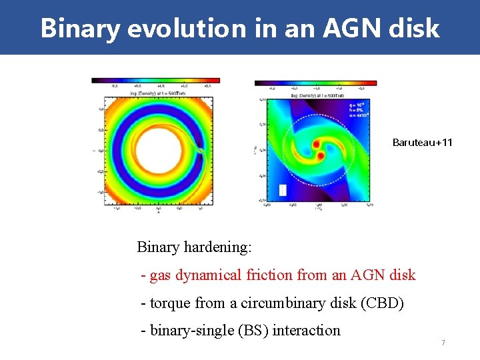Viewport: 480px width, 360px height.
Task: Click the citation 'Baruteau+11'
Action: tap(422, 142)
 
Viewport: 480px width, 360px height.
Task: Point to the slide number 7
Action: tap(443, 343)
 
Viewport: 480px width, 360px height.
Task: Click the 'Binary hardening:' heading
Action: tap(194, 247)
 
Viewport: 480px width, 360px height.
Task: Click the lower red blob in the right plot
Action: tap(321, 155)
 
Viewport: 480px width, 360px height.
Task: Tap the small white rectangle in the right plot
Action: tap(281, 190)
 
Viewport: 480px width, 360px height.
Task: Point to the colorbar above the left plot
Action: tap(155, 81)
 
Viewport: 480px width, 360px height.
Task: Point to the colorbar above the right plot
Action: tap(315, 84)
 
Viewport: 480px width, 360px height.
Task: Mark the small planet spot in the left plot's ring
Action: tap(199, 151)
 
